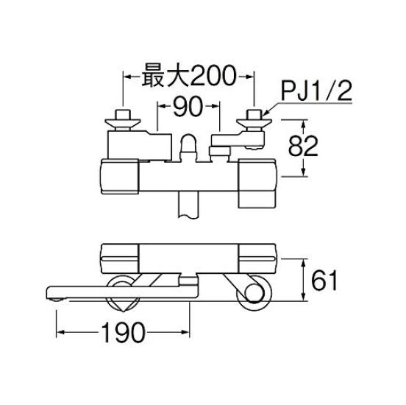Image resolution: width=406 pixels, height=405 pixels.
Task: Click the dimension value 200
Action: (x=213, y=76)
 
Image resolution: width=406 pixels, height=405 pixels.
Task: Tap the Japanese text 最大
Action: (x=165, y=76)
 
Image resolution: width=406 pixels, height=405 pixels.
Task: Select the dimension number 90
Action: (x=188, y=106)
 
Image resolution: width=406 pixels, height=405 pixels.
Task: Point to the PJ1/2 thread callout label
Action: (x=316, y=92)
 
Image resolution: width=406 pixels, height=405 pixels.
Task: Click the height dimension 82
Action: (x=303, y=146)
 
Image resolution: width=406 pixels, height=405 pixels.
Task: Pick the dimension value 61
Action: (x=324, y=281)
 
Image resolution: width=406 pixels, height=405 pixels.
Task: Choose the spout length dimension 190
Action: (x=124, y=333)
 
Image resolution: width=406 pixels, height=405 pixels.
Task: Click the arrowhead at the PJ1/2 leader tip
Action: (x=265, y=113)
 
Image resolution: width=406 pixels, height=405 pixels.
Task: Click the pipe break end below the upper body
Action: (x=188, y=216)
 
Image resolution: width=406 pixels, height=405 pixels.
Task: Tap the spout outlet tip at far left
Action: (x=56, y=300)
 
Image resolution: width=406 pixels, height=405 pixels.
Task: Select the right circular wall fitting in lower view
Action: (x=254, y=292)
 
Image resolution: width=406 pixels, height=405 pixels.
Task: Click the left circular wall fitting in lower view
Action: (x=124, y=293)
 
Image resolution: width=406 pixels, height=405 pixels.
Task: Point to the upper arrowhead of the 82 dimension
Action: (x=304, y=124)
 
